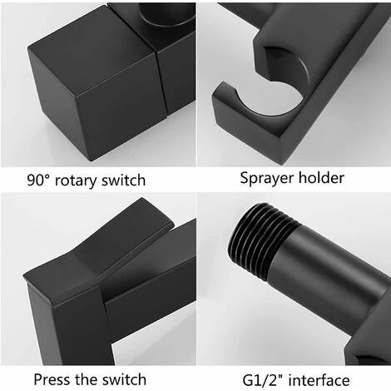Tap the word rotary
point(76,181)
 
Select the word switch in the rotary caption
point(123,180)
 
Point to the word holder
point(321,177)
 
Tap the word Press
point(52,379)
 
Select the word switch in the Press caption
point(124,379)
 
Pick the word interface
point(319,380)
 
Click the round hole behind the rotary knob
point(166,13)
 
